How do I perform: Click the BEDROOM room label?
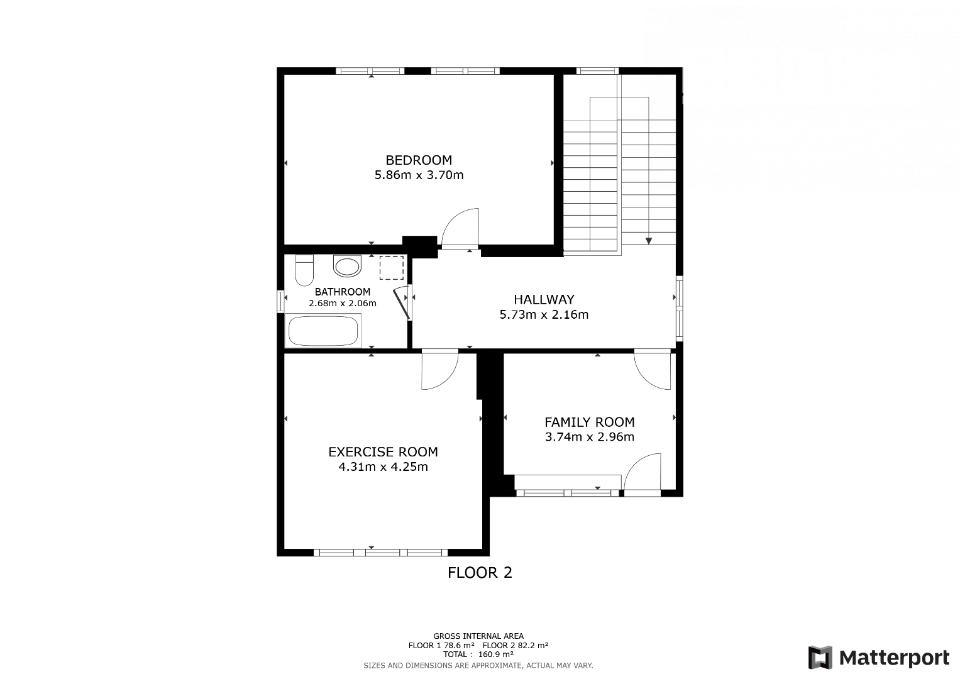(419, 160)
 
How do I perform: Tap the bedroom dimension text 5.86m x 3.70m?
(419, 175)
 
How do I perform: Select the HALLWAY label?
(544, 299)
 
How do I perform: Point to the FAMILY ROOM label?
(589, 422)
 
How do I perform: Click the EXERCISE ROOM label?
(383, 452)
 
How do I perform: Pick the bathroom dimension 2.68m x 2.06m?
(343, 304)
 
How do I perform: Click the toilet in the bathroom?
(305, 270)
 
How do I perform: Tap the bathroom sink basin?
(347, 266)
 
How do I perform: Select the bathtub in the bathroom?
(323, 331)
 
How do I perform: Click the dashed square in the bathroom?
(391, 268)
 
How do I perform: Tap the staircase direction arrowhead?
(648, 241)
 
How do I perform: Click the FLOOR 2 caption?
(480, 573)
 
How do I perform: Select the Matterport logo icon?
(820, 658)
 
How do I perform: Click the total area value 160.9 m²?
(496, 654)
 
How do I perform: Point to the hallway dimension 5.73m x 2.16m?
(544, 314)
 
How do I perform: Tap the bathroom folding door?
(402, 302)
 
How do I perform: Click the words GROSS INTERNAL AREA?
(478, 636)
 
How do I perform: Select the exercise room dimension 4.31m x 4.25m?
(383, 466)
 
